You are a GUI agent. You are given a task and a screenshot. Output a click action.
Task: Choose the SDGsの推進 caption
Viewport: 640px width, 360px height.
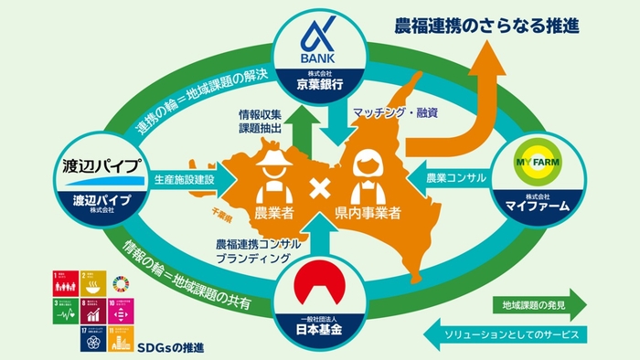point(173,346)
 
